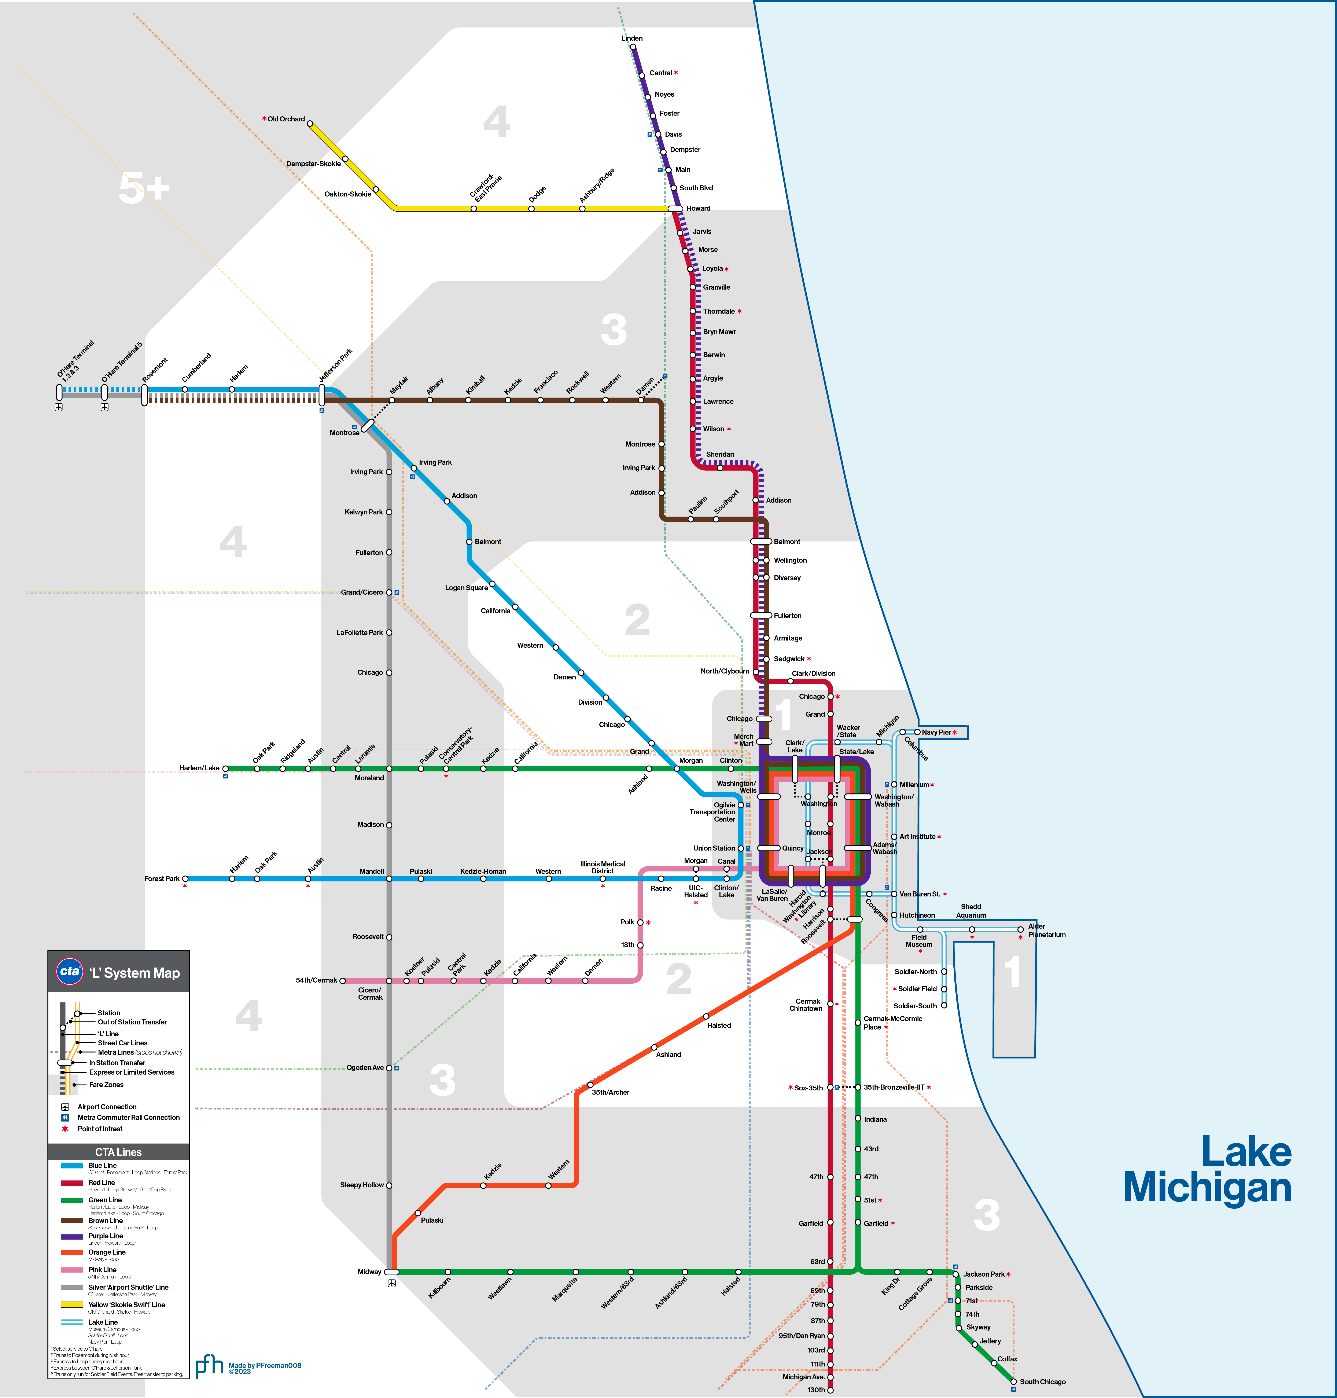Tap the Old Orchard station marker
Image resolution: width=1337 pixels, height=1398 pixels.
[x=310, y=123]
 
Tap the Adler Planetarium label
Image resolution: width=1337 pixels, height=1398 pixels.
[x=1046, y=930]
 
